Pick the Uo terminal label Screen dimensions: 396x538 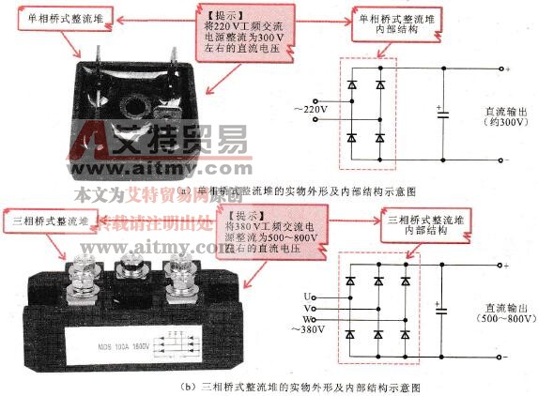309,297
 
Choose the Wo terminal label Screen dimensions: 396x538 309,318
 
